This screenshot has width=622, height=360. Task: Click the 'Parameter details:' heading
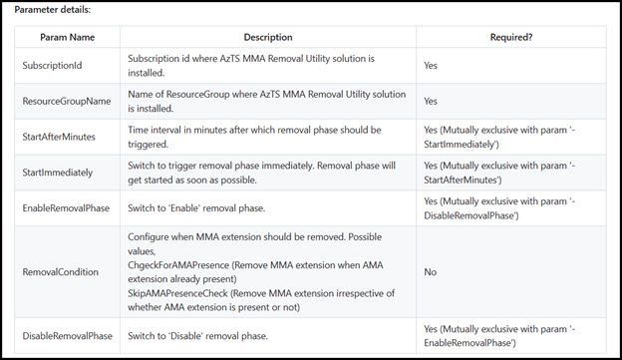(52, 10)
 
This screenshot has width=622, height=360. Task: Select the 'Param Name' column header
(67, 37)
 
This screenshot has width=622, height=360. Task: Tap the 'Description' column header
(267, 37)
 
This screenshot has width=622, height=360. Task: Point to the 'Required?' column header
(510, 37)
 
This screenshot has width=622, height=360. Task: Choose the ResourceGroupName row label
(66, 101)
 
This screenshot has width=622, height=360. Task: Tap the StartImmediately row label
(58, 173)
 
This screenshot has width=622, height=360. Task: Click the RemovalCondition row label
(62, 270)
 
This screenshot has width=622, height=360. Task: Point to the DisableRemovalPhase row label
(67, 335)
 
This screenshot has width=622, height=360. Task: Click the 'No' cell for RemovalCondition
(431, 270)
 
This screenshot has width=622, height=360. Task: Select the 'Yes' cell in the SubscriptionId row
(432, 66)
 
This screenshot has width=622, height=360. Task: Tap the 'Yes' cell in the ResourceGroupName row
(432, 101)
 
